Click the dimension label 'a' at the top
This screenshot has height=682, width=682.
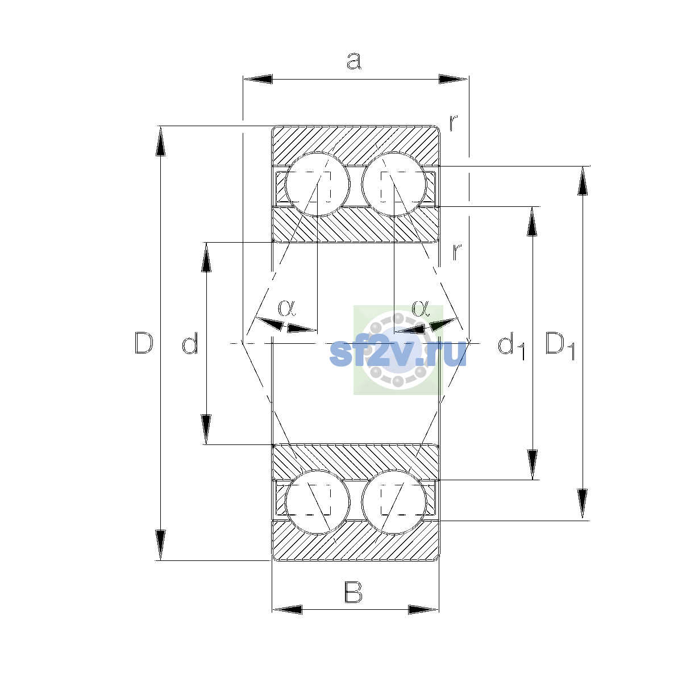click(x=354, y=61)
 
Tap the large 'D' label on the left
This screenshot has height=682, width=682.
click(x=144, y=343)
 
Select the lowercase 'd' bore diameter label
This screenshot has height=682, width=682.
click(x=190, y=343)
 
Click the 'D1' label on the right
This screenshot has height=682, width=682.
click(x=560, y=346)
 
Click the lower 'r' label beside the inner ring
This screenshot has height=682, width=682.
click(x=457, y=252)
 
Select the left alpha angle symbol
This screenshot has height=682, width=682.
click(x=286, y=307)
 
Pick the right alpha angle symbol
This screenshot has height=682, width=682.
click(x=421, y=307)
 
